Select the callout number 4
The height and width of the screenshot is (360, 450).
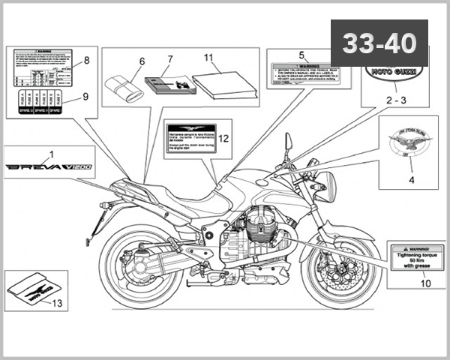click(x=411, y=180)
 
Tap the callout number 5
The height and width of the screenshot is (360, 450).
click(x=302, y=55)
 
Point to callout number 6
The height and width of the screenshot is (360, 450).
click(x=141, y=61)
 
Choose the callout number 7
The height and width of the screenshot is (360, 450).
click(x=170, y=58)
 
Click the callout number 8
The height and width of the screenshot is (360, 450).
click(x=86, y=59)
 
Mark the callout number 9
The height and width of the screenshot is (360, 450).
click(x=86, y=96)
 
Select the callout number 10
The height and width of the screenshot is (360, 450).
click(x=425, y=284)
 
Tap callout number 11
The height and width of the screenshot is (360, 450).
click(x=208, y=57)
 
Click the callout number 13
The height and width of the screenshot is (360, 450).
click(x=56, y=304)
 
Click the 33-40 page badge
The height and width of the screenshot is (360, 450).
click(x=379, y=43)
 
